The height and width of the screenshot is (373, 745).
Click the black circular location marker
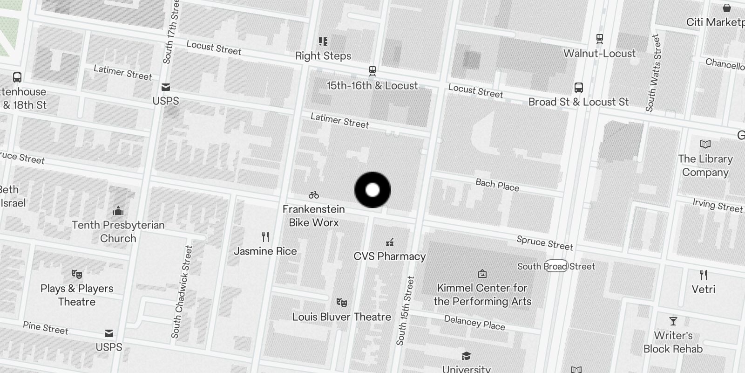[x=372, y=190]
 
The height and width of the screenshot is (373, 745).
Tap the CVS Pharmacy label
[x=390, y=256]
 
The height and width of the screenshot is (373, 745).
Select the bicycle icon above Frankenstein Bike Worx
[x=314, y=195]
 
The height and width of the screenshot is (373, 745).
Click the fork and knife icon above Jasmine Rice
[x=265, y=237]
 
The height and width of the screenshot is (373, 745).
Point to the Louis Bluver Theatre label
[x=341, y=317]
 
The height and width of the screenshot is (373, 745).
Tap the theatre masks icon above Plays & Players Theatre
[x=77, y=274]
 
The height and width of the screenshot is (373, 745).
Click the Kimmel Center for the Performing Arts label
[x=482, y=295]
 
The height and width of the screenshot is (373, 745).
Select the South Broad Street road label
[x=556, y=266]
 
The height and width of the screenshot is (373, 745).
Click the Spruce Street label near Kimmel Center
[x=545, y=243]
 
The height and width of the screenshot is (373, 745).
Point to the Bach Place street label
[x=497, y=185]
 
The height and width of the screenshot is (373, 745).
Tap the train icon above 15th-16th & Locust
[x=372, y=71]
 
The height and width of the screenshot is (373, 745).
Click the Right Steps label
[x=323, y=56]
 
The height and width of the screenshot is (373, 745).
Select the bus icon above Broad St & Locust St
[x=579, y=87]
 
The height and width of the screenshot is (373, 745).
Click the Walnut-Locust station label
[x=599, y=53]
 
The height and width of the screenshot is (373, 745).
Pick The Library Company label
[x=705, y=166]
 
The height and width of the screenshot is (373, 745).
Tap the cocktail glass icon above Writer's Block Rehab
[x=673, y=321]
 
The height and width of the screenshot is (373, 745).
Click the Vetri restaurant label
[x=703, y=289]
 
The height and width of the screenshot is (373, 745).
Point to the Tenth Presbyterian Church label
[x=118, y=232]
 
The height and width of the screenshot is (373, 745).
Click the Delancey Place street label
[x=474, y=323]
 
